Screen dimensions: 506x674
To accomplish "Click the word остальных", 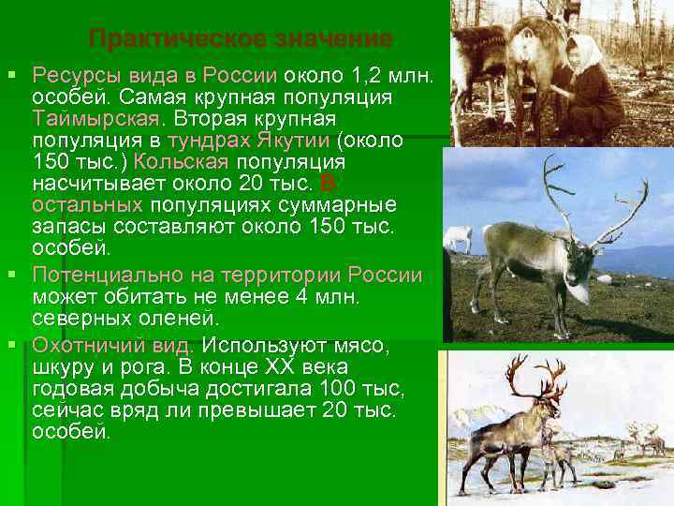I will [87, 206].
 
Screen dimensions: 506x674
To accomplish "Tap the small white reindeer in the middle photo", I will [458, 237].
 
